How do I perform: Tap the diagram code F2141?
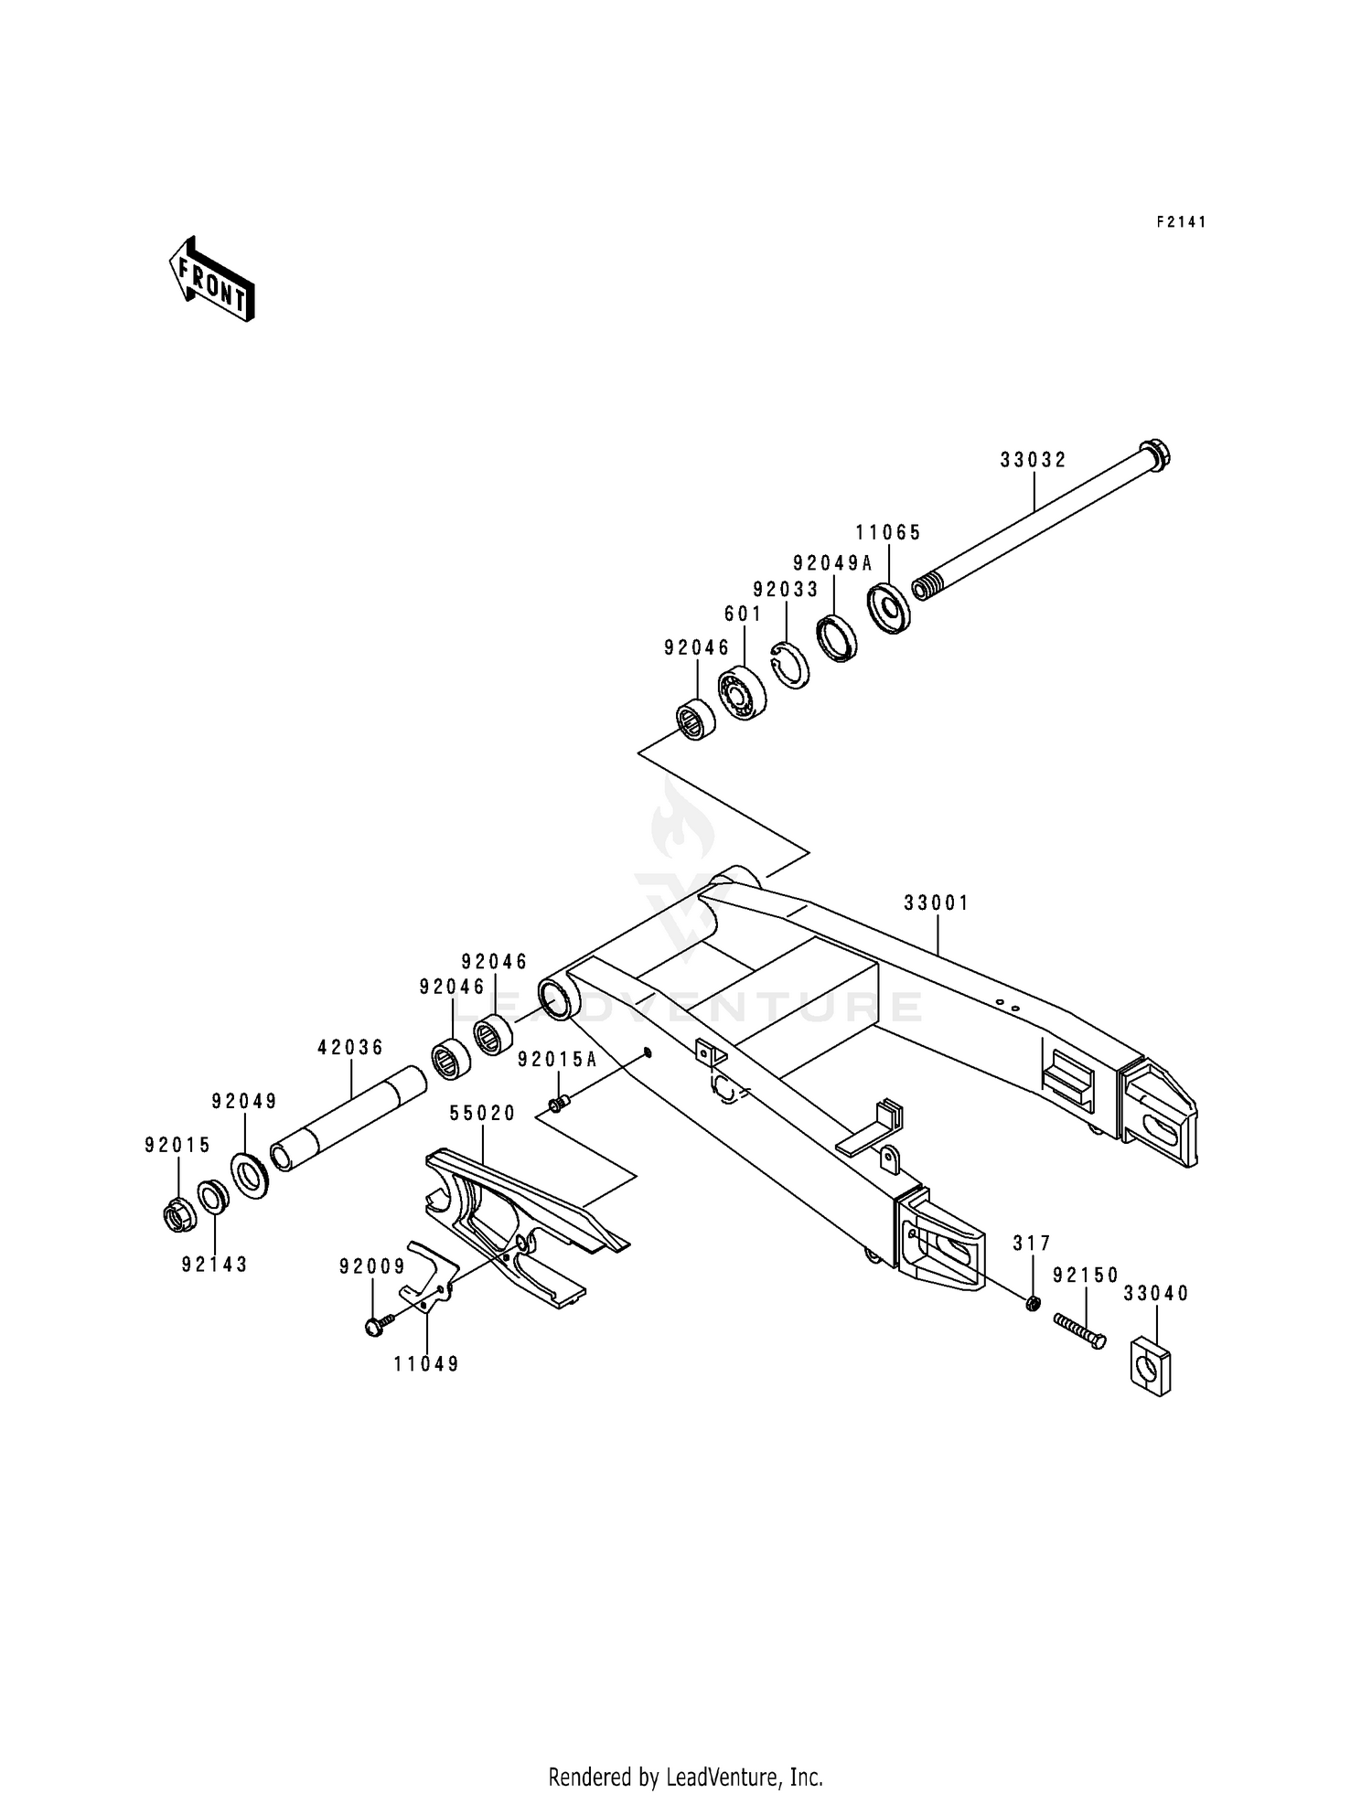coord(1181,222)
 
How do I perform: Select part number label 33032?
coord(1033,461)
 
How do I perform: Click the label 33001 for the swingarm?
coord(937,903)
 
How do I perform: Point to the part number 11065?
coord(888,533)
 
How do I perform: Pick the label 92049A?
coord(832,563)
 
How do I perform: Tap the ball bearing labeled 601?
coord(742,694)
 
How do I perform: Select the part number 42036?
coord(350,1048)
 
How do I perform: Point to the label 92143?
coord(215,1265)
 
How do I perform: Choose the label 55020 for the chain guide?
coord(483,1114)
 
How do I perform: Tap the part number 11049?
coord(426,1364)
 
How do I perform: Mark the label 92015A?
coord(557,1060)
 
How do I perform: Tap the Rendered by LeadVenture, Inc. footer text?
coord(685,1751)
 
